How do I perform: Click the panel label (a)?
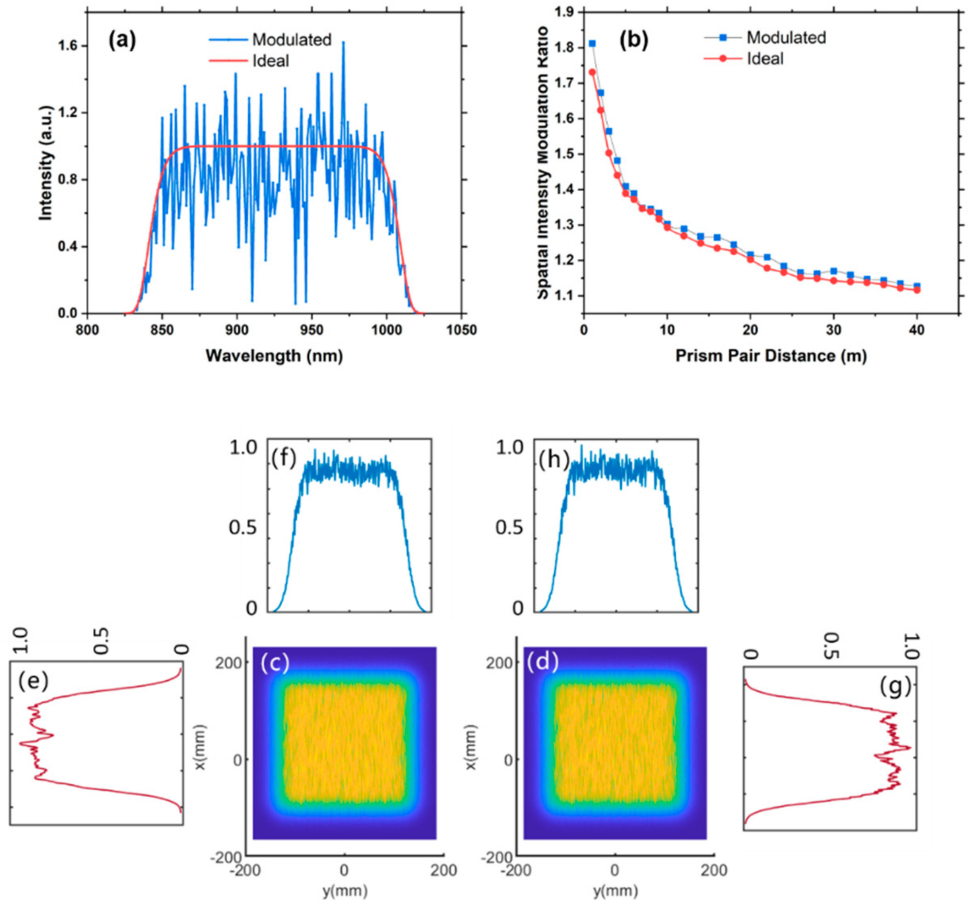pos(122,40)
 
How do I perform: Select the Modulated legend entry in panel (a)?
pos(291,40)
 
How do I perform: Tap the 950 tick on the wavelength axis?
pos(312,330)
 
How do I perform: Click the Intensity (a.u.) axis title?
pos(45,163)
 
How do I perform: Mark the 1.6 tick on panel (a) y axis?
pos(67,46)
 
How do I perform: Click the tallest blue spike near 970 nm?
pos(343,43)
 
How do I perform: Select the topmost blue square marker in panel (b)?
pos(592,43)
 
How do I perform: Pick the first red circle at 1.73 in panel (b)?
pos(592,72)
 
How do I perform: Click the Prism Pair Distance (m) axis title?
pos(771,356)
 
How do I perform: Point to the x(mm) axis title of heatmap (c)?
pos(200,746)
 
